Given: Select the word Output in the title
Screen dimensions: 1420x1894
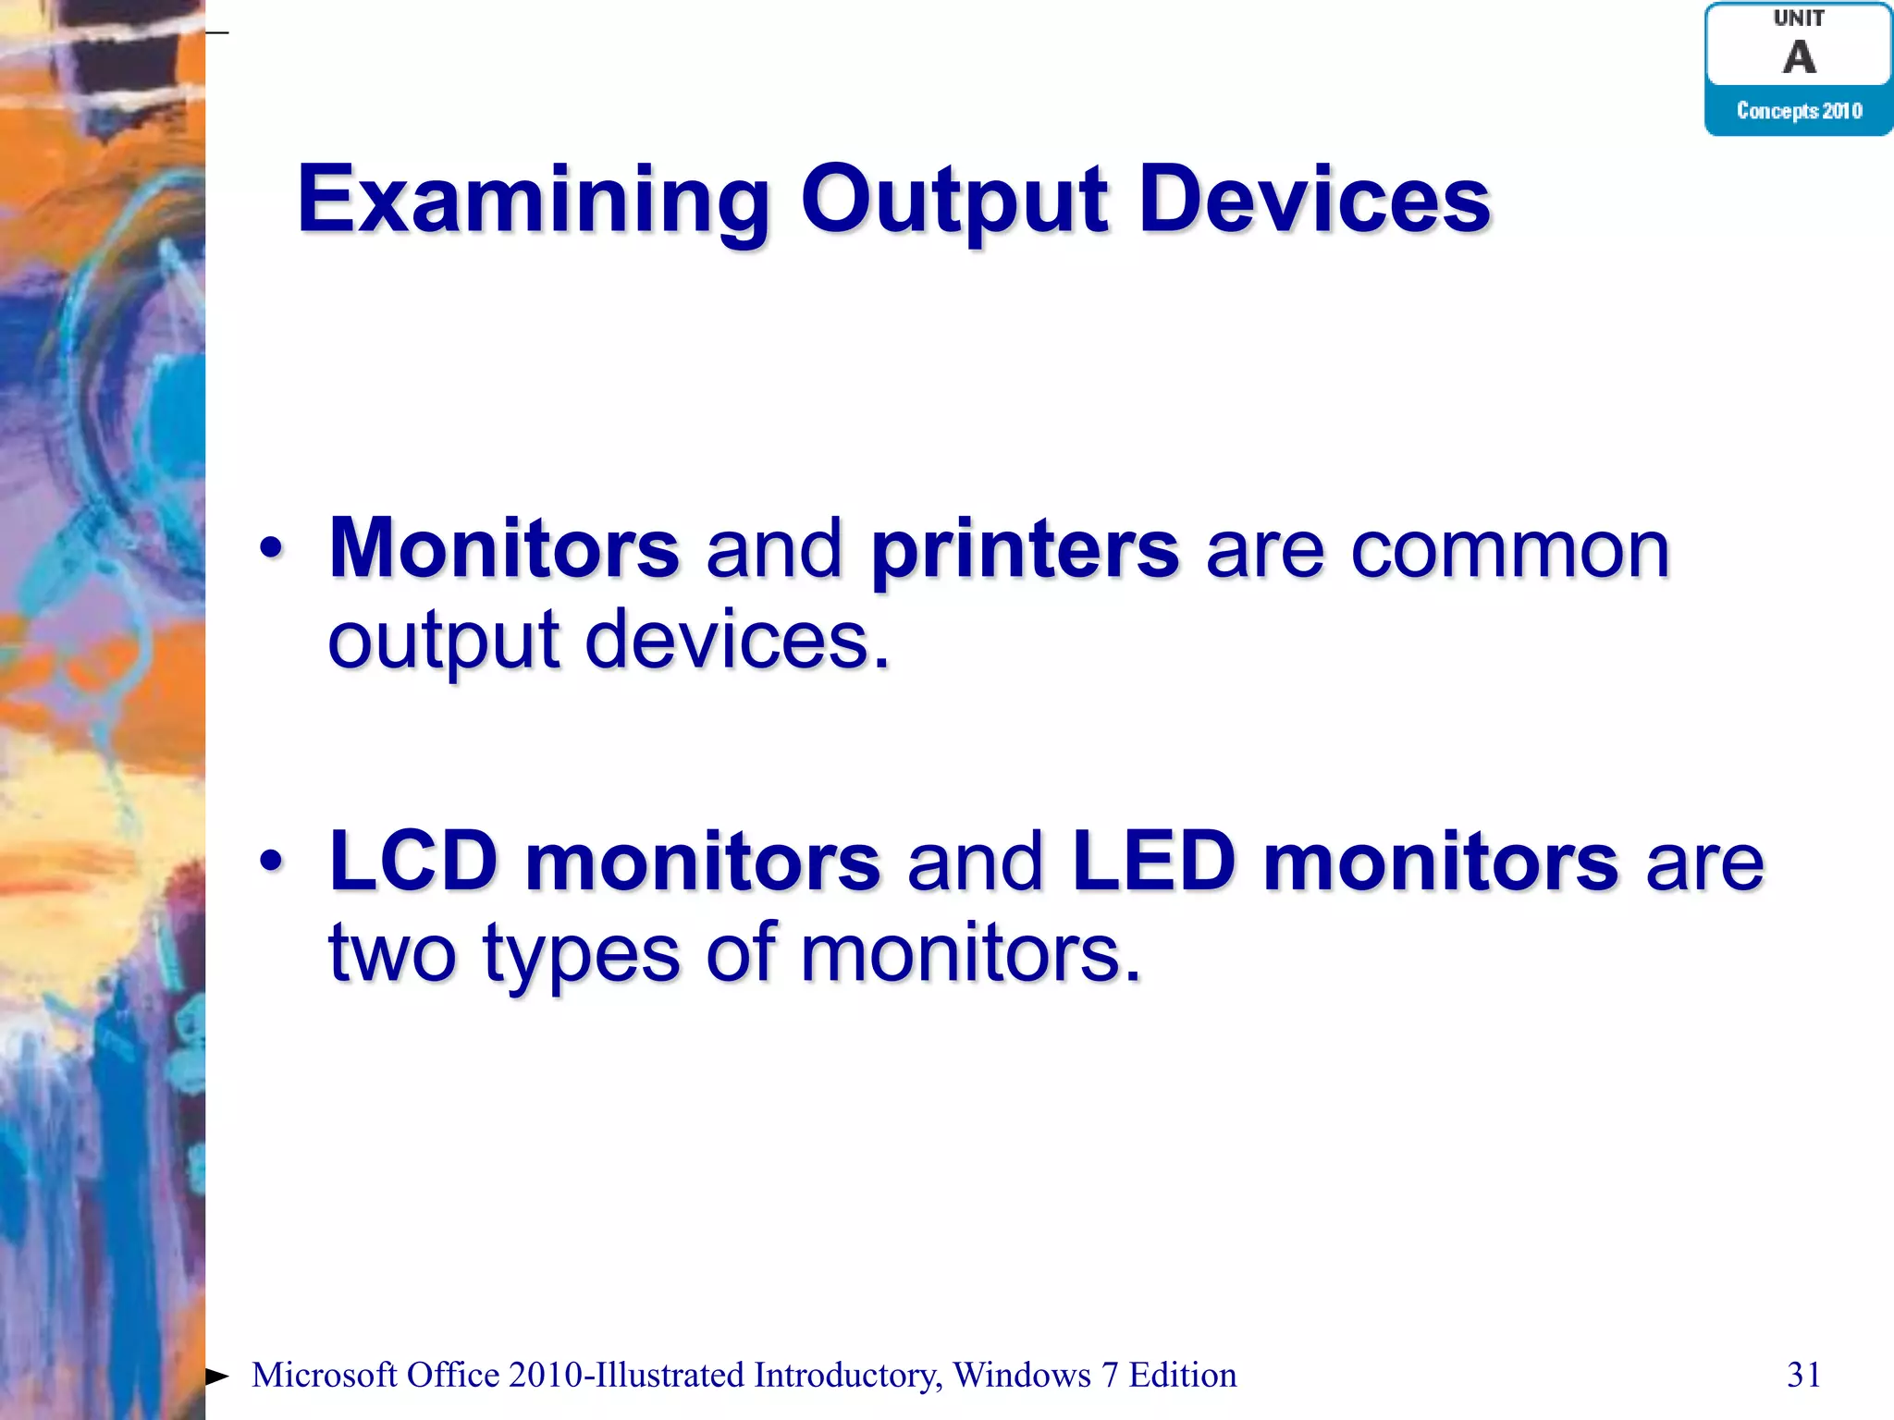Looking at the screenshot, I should click(x=953, y=202).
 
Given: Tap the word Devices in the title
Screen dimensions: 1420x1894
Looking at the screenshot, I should click(x=1314, y=200).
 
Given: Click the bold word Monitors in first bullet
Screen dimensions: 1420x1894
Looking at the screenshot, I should click(x=504, y=549).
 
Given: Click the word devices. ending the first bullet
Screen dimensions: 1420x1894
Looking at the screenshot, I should click(x=737, y=641).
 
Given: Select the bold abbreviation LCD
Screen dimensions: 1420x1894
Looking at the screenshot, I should click(x=413, y=862).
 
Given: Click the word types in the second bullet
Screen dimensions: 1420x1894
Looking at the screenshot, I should click(x=581, y=954).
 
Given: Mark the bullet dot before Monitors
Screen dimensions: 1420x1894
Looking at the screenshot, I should click(x=271, y=549).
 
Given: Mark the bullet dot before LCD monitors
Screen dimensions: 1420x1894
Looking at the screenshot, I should click(x=271, y=862).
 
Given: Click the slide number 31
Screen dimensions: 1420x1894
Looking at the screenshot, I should click(x=1803, y=1376).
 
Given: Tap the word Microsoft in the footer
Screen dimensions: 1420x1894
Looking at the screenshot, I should click(x=324, y=1376).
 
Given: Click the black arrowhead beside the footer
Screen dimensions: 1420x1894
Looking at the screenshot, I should click(x=216, y=1377).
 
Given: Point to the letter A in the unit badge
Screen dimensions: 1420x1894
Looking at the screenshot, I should click(x=1799, y=57).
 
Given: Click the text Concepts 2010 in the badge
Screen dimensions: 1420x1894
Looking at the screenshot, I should click(x=1799, y=111).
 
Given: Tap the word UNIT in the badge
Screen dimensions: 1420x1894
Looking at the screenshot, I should click(x=1799, y=18).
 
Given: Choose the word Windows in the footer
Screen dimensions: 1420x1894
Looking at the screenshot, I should click(x=1022, y=1376).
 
